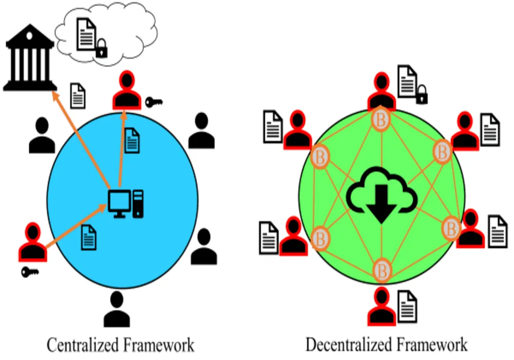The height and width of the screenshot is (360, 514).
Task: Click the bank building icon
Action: [x=29, y=60]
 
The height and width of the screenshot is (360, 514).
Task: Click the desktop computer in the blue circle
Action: [x=125, y=203]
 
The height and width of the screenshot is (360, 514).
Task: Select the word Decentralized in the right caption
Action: [x=349, y=344]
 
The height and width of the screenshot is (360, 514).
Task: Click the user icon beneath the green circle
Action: [x=382, y=307]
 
